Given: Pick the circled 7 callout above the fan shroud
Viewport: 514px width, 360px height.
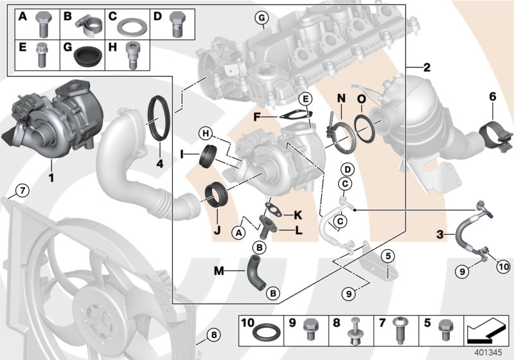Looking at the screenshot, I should [x=21, y=190].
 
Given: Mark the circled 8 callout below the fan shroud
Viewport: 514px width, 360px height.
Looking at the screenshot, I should [x=214, y=334].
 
